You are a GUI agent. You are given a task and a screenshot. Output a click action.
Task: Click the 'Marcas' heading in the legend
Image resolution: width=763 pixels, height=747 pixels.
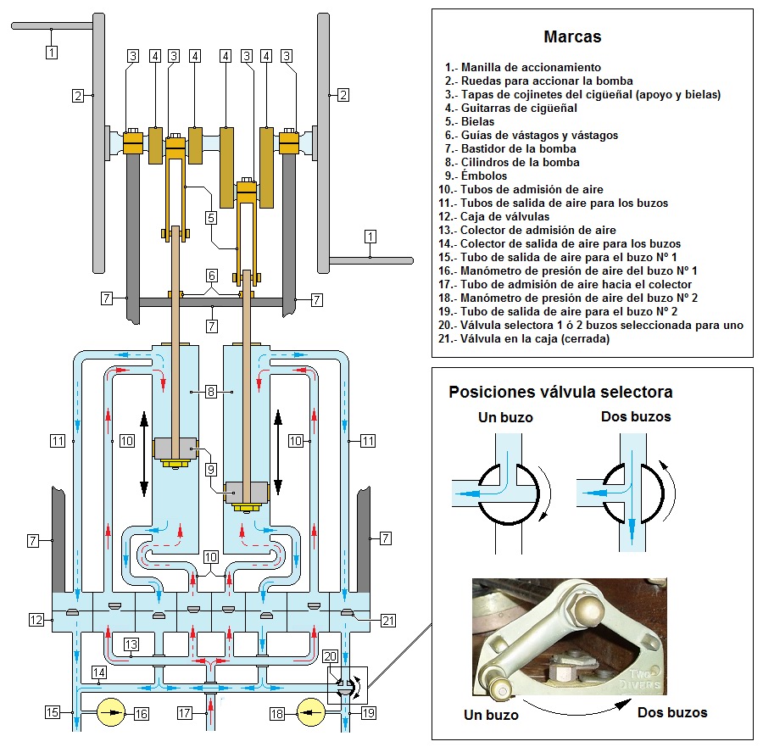(572, 37)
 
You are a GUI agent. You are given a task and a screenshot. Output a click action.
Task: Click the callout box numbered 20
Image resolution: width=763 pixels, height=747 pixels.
(330, 655)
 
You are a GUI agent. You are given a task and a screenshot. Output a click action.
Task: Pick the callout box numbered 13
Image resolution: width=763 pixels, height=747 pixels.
(131, 644)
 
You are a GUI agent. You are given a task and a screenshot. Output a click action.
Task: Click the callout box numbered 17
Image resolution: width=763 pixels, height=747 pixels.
(185, 714)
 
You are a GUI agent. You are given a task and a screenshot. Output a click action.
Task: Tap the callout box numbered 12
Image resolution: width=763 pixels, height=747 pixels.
(36, 620)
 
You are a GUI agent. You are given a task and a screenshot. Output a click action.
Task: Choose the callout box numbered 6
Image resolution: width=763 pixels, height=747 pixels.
(210, 275)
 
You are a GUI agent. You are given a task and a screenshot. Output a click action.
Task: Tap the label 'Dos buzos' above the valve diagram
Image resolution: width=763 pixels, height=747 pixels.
(636, 416)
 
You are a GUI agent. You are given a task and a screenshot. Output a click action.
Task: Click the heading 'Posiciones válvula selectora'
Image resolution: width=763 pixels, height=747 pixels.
(560, 392)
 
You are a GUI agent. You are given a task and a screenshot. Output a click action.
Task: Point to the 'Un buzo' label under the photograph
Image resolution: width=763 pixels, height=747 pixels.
(491, 715)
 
